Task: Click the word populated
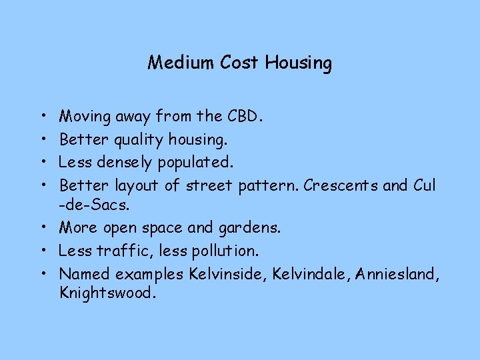point(193,163)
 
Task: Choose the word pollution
point(224,251)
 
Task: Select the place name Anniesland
point(398,273)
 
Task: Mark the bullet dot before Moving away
point(43,117)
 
